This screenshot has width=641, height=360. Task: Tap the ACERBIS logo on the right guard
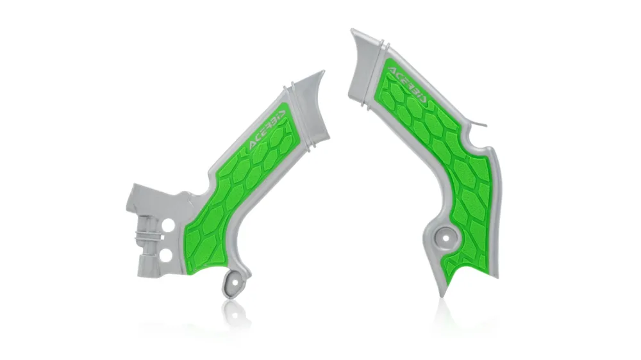tap(408, 85)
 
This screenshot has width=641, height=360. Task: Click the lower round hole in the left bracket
tap(167, 256)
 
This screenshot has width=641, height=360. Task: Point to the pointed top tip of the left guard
tap(323, 72)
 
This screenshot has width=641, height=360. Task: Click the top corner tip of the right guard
tap(352, 30)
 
